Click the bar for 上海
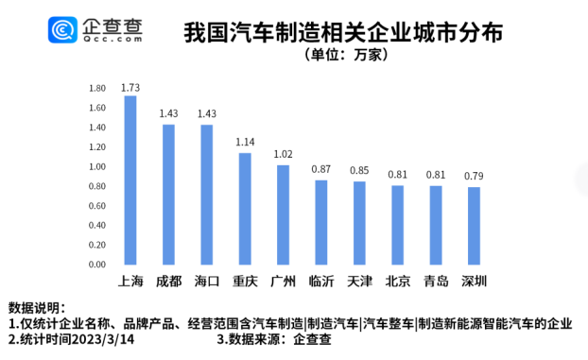pyautogui.click(x=130, y=180)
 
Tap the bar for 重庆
pyautogui.click(x=244, y=209)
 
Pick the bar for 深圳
pyautogui.click(x=473, y=226)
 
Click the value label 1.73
pyautogui.click(x=130, y=86)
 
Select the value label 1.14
pyautogui.click(x=244, y=143)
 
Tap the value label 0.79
pyautogui.click(x=473, y=177)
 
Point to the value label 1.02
pyautogui.click(x=283, y=154)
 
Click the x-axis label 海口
pyautogui.click(x=206, y=282)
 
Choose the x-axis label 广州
pyautogui.click(x=283, y=282)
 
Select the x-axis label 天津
pyautogui.click(x=359, y=282)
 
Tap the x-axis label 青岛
pyautogui.click(x=435, y=282)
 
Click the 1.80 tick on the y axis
pyautogui.click(x=97, y=88)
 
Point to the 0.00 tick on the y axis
pyautogui.click(x=97, y=265)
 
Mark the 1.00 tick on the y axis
pyautogui.click(x=97, y=166)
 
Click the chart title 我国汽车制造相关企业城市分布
pyautogui.click(x=342, y=31)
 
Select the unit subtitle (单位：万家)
pyautogui.click(x=342, y=55)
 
